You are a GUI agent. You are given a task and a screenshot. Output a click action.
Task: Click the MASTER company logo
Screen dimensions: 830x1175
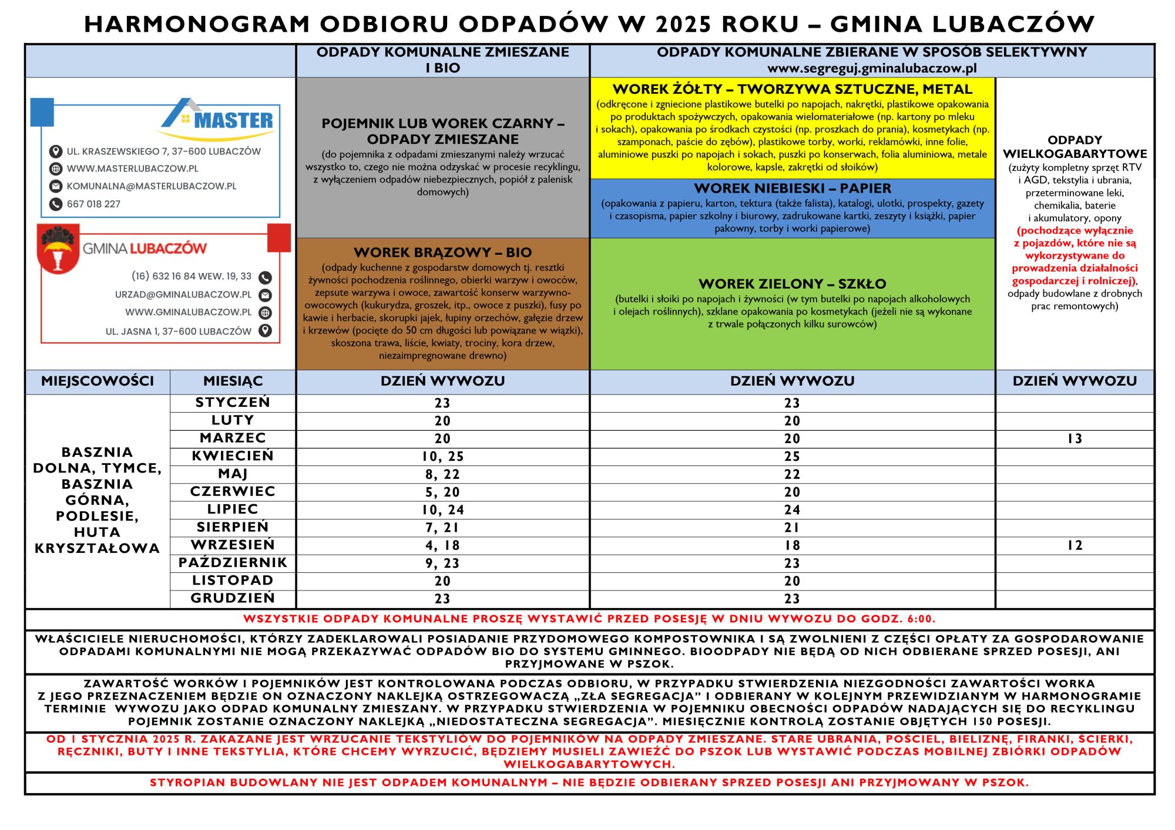click(x=219, y=120)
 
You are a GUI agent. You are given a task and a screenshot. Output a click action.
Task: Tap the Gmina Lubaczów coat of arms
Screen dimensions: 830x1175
click(x=58, y=249)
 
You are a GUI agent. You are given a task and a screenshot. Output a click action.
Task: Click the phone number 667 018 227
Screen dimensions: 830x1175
click(x=93, y=204)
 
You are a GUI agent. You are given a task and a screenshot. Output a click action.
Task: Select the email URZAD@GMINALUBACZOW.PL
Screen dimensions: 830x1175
click(x=183, y=295)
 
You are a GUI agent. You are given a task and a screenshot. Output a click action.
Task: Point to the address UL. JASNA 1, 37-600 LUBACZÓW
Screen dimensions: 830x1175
click(x=178, y=332)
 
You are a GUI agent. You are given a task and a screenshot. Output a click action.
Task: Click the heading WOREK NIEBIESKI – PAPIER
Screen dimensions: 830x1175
click(x=792, y=188)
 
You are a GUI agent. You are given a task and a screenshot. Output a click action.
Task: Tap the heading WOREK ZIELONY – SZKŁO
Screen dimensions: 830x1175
click(x=792, y=284)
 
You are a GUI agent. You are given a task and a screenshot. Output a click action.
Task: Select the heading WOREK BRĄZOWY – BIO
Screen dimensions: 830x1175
click(x=442, y=252)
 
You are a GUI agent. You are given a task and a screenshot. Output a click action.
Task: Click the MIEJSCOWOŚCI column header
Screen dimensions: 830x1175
click(x=98, y=382)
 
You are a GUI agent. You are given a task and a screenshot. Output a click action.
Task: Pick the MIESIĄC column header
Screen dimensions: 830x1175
click(x=233, y=382)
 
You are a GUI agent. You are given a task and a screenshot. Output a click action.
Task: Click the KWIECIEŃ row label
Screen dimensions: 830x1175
click(x=233, y=456)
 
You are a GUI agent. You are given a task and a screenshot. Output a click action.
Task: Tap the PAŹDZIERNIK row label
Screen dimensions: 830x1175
click(x=233, y=563)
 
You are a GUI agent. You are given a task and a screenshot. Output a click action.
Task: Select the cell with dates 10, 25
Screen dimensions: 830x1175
click(x=442, y=457)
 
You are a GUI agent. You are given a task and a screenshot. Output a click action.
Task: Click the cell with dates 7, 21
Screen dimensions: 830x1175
click(x=442, y=528)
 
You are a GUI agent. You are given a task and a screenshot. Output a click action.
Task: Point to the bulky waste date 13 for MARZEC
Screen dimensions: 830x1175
click(x=1075, y=439)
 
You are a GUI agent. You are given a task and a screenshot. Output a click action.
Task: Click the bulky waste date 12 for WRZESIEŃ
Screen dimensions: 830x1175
click(x=1075, y=546)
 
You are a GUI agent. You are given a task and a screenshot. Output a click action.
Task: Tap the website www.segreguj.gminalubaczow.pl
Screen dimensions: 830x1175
click(x=872, y=68)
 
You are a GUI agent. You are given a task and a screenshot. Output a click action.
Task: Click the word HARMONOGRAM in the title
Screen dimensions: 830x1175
click(x=197, y=25)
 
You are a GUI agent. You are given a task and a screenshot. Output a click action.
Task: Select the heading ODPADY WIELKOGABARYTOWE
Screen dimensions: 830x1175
click(x=1075, y=147)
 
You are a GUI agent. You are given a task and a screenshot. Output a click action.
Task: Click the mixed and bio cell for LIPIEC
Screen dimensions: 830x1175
click(x=442, y=510)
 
